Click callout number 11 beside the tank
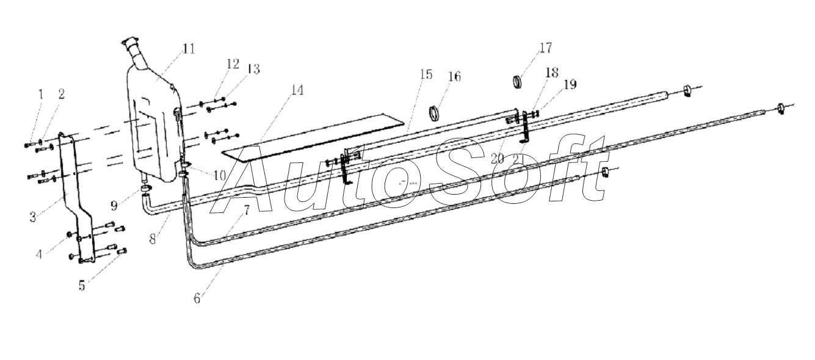pos(189,48)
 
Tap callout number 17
pos(545,48)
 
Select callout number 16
pos(454,76)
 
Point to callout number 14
pos(297,90)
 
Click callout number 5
pos(82,286)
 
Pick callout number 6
pos(197,298)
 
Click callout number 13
pos(253,69)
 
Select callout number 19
pos(570,84)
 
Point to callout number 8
pos(153,239)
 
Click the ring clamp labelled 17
pos(517,82)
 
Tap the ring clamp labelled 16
pos(435,113)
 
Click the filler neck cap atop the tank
pos(131,43)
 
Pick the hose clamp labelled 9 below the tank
pos(146,189)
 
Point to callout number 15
pos(426,74)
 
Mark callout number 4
pos(39,254)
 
